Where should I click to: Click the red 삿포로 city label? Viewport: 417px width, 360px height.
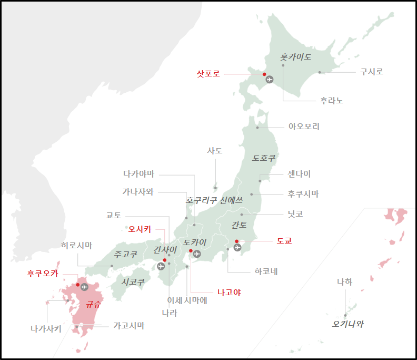pos(208,74)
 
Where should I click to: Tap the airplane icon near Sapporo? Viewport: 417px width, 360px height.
pos(270,80)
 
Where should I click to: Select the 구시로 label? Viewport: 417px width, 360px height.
pos(372,72)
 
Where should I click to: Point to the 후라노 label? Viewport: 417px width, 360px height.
pos(332,100)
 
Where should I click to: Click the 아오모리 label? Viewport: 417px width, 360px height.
pos(304,127)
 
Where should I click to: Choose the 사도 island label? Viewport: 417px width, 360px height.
pos(215,151)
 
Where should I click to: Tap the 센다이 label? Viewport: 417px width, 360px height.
pos(299,174)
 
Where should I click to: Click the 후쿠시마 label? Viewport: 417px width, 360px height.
pos(303,194)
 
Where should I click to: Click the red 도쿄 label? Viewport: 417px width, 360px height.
pos(284,241)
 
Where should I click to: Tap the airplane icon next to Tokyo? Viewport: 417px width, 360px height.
pos(237,247)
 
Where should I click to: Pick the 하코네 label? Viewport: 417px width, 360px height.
pos(266,271)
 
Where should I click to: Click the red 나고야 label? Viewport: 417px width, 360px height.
pos(229,292)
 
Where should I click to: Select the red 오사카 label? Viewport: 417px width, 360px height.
pos(140,229)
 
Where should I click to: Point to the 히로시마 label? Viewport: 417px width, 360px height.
pos(76,246)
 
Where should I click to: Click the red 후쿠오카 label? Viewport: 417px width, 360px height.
pos(43,274)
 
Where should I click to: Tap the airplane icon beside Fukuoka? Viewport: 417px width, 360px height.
pos(85,287)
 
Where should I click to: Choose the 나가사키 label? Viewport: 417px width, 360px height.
pos(46,329)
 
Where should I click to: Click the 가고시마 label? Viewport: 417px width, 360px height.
pos(129,326)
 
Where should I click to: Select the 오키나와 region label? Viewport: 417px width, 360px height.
pos(347,324)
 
